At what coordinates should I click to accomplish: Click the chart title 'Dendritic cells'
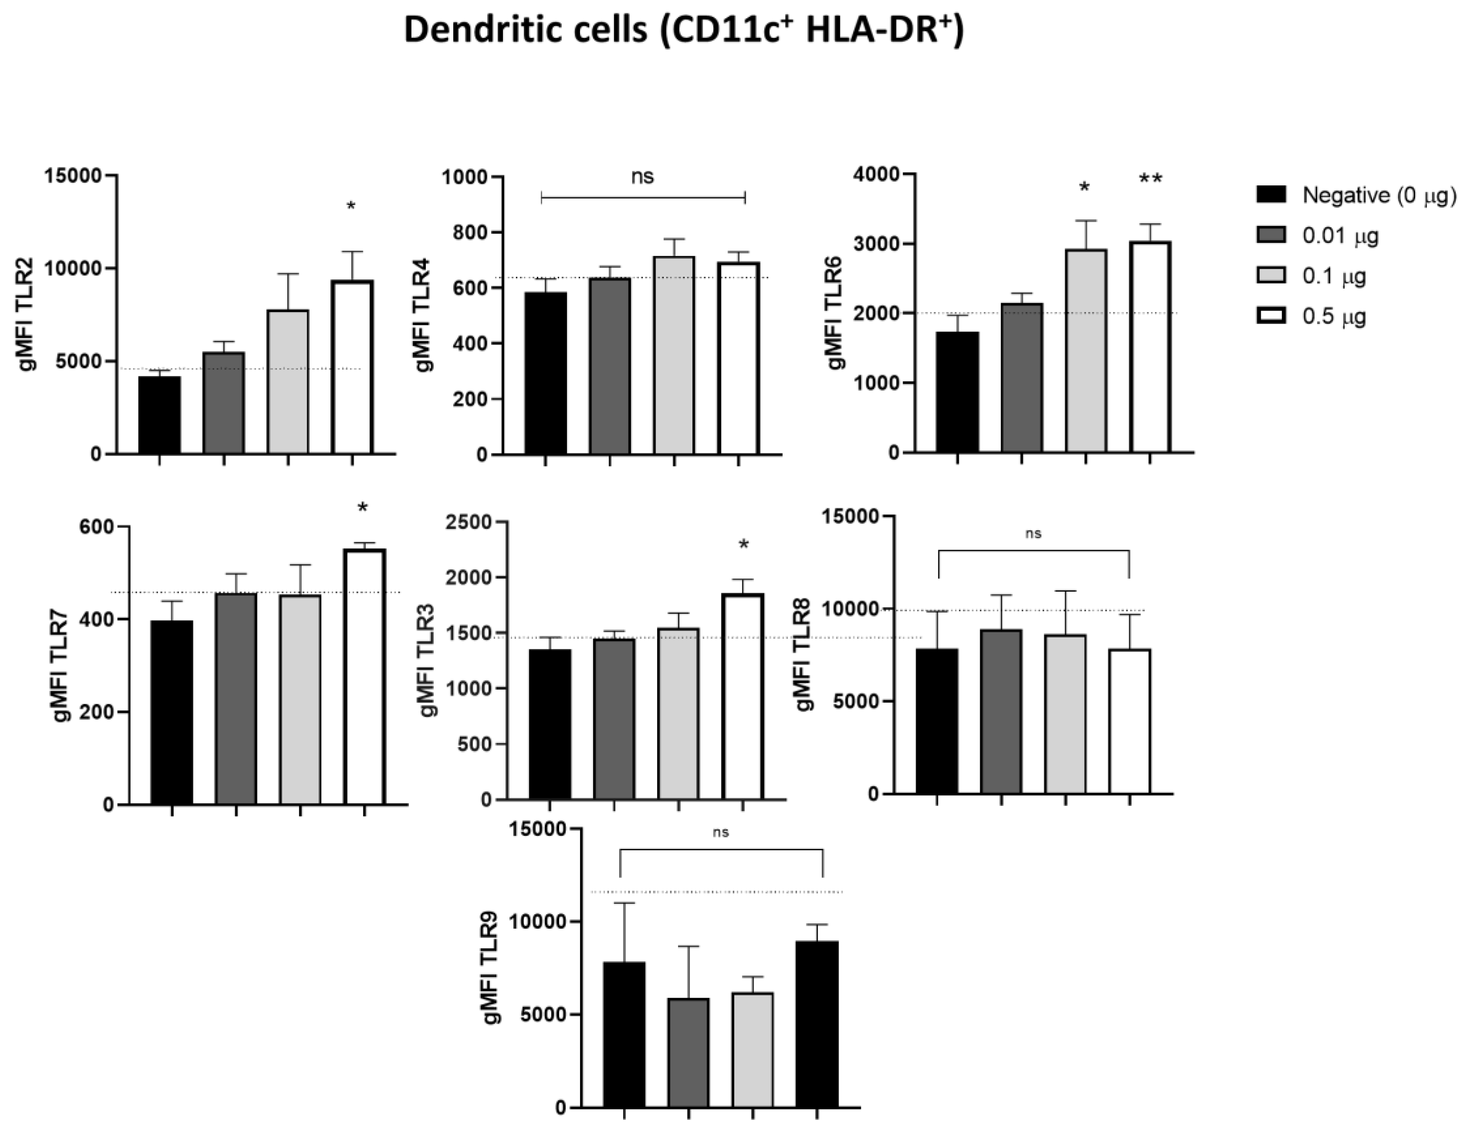point(683,32)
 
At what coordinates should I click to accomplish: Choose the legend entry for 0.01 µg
point(1339,236)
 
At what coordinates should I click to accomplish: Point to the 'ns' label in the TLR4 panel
point(643,177)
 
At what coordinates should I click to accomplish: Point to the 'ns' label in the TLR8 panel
point(1033,534)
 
